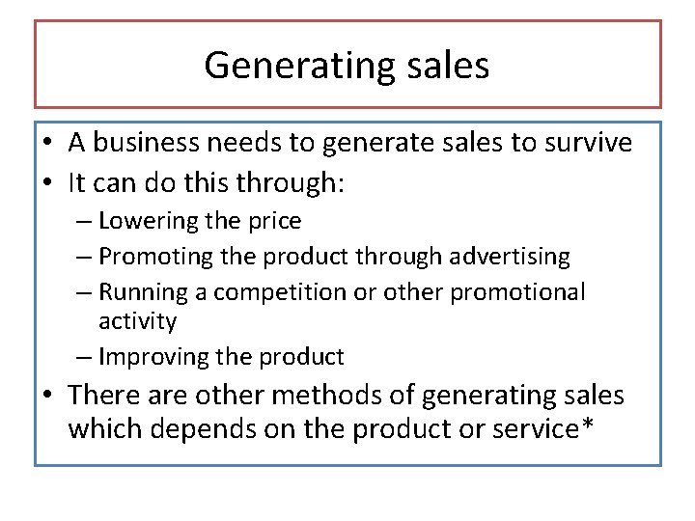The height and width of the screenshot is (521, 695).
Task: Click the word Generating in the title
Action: [x=294, y=66]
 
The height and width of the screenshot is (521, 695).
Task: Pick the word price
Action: [x=276, y=221]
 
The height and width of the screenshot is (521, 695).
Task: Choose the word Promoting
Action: [x=155, y=257]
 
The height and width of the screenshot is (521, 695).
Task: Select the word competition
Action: [x=266, y=291]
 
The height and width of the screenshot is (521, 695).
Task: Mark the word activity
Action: [x=138, y=320]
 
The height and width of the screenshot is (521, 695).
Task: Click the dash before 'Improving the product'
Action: [x=84, y=357]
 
